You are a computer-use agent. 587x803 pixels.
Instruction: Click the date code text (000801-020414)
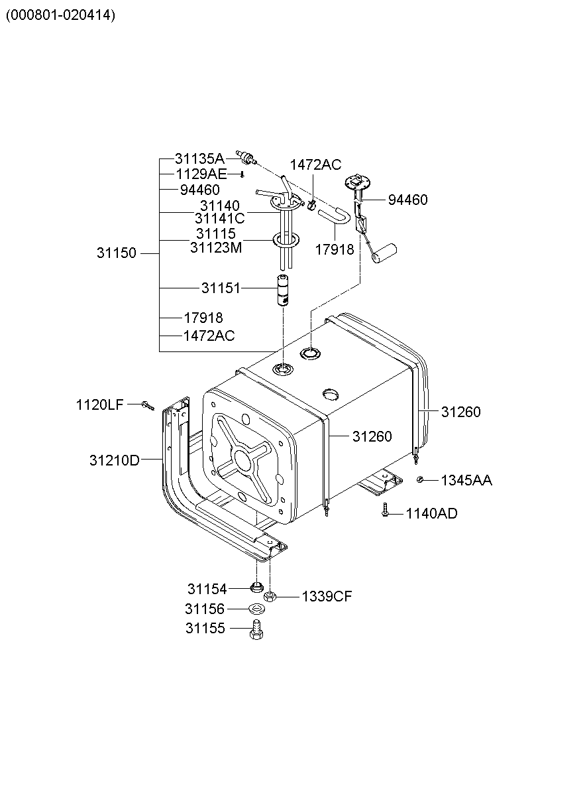pyautogui.click(x=60, y=15)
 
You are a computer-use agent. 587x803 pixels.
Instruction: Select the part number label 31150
pyautogui.click(x=116, y=253)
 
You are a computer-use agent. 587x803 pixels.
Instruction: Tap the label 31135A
pyautogui.click(x=199, y=158)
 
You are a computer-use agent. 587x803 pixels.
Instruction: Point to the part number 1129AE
pyautogui.click(x=201, y=174)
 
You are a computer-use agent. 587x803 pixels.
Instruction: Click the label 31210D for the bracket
pyautogui.click(x=115, y=460)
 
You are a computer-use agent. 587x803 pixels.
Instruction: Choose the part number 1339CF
pyautogui.click(x=327, y=596)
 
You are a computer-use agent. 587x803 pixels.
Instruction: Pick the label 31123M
pyautogui.click(x=216, y=248)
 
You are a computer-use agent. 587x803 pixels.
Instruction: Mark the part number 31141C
pyautogui.click(x=219, y=218)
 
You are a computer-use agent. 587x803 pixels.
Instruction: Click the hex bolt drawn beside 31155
pyautogui.click(x=256, y=629)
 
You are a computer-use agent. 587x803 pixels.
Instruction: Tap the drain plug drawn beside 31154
pyautogui.click(x=256, y=587)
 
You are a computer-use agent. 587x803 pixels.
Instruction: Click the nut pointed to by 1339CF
pyautogui.click(x=270, y=597)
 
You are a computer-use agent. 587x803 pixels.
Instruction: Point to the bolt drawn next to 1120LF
pyautogui.click(x=147, y=404)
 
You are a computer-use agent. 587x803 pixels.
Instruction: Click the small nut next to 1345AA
pyautogui.click(x=420, y=479)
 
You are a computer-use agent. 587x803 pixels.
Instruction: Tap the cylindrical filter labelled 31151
pyautogui.click(x=284, y=290)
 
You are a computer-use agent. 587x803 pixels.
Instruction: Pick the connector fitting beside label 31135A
pyautogui.click(x=246, y=158)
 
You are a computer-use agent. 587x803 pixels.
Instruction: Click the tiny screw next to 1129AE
pyautogui.click(x=242, y=174)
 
